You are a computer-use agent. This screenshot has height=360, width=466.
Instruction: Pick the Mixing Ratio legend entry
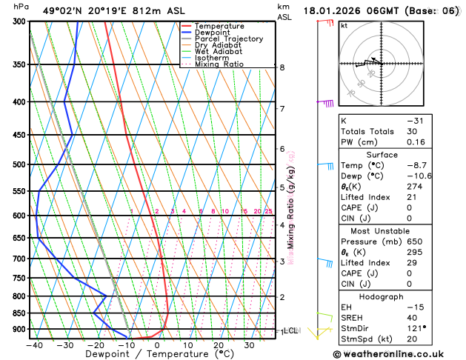pos(220,64)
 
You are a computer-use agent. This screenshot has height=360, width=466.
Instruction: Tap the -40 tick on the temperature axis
pos(34,344)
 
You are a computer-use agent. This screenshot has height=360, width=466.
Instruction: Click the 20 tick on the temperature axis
pos(219,344)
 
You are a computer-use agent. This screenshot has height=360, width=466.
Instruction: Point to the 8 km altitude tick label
pos(282,67)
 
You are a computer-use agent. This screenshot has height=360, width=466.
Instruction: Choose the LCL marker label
pos(290,330)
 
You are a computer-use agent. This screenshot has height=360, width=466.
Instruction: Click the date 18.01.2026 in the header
pos(333,10)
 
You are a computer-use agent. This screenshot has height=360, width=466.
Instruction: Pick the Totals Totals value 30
pos(412,131)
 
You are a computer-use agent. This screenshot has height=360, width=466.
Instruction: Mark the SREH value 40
pos(412,318)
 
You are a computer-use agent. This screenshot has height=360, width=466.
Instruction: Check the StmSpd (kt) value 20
pos(412,340)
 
